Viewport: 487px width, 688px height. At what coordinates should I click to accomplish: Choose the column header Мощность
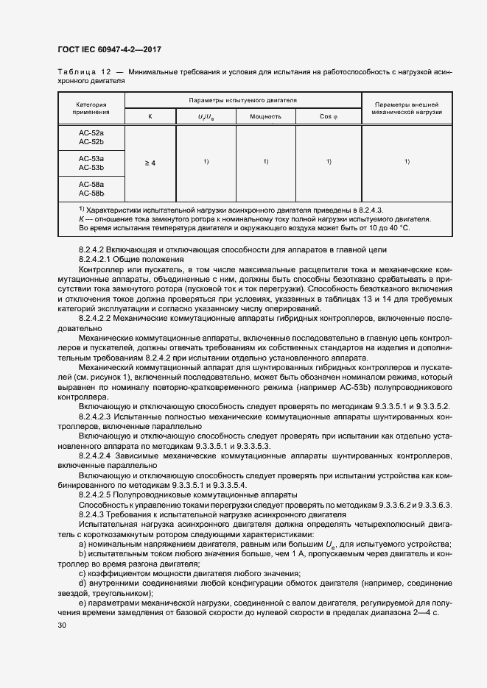(x=265, y=117)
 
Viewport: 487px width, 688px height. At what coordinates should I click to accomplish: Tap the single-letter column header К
(x=150, y=117)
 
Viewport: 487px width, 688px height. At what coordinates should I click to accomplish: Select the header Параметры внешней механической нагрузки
(x=407, y=108)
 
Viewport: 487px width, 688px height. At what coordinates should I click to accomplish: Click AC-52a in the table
(x=91, y=132)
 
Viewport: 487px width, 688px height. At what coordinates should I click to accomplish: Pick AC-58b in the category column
(x=91, y=193)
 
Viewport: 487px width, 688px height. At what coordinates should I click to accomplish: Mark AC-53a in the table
(x=91, y=158)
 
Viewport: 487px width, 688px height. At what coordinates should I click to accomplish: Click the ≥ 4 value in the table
(x=150, y=163)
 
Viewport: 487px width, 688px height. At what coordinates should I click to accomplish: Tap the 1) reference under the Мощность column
(x=265, y=161)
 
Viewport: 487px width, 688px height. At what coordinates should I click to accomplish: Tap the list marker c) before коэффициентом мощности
(x=83, y=573)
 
